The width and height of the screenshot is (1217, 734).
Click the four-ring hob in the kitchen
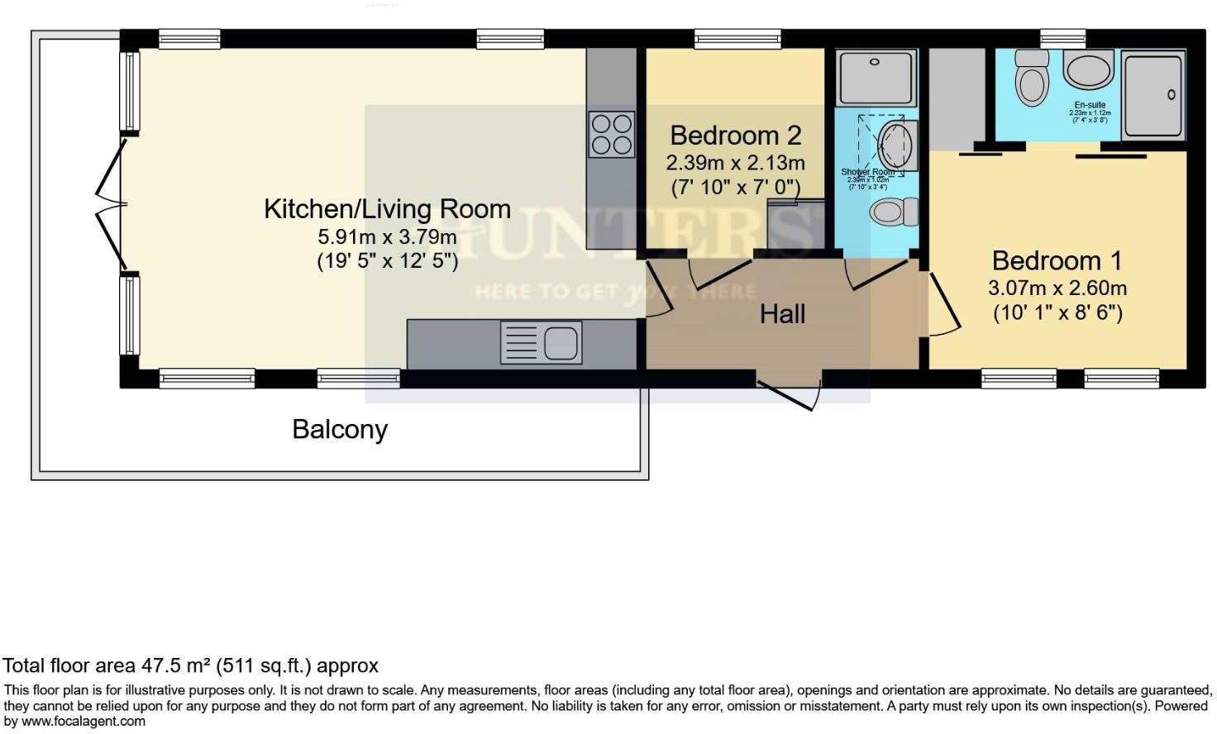point(611,134)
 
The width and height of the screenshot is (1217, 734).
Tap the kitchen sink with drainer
point(541,342)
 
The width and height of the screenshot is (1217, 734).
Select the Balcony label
point(340,430)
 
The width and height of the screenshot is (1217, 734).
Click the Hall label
point(782,314)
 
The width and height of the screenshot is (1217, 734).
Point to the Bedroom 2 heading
point(735,136)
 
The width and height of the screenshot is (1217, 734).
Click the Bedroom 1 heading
point(1057,261)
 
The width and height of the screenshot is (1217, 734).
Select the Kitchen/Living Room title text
point(387,209)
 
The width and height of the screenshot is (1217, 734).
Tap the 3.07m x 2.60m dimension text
point(1057,288)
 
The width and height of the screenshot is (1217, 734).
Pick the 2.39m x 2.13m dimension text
point(735,163)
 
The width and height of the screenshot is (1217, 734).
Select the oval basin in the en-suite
point(1089,69)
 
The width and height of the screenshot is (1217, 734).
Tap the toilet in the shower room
point(893,212)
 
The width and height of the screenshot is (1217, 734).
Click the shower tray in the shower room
point(876,78)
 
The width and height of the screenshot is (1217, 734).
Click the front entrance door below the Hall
point(790,393)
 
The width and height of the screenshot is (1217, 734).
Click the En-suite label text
point(1090,106)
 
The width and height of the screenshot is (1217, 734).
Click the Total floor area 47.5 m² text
point(190,666)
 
